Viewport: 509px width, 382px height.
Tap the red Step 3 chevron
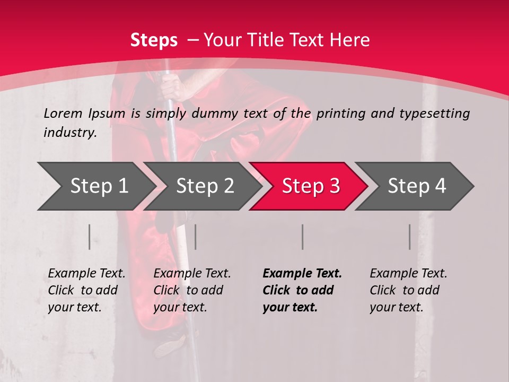310,186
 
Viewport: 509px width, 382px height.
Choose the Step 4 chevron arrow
416,186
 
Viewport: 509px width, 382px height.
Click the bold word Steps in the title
154,40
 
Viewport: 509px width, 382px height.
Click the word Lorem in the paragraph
63,113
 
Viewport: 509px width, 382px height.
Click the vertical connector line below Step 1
90,237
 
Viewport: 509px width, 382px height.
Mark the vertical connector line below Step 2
196,237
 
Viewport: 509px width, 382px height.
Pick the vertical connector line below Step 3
302,237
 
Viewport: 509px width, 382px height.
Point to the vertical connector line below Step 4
409,237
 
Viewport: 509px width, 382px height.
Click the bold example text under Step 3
302,290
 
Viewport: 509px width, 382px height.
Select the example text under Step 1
86,290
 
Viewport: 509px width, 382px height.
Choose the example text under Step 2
192,290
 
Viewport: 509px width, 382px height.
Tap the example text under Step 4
408,290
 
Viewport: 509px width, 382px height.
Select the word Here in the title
350,40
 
